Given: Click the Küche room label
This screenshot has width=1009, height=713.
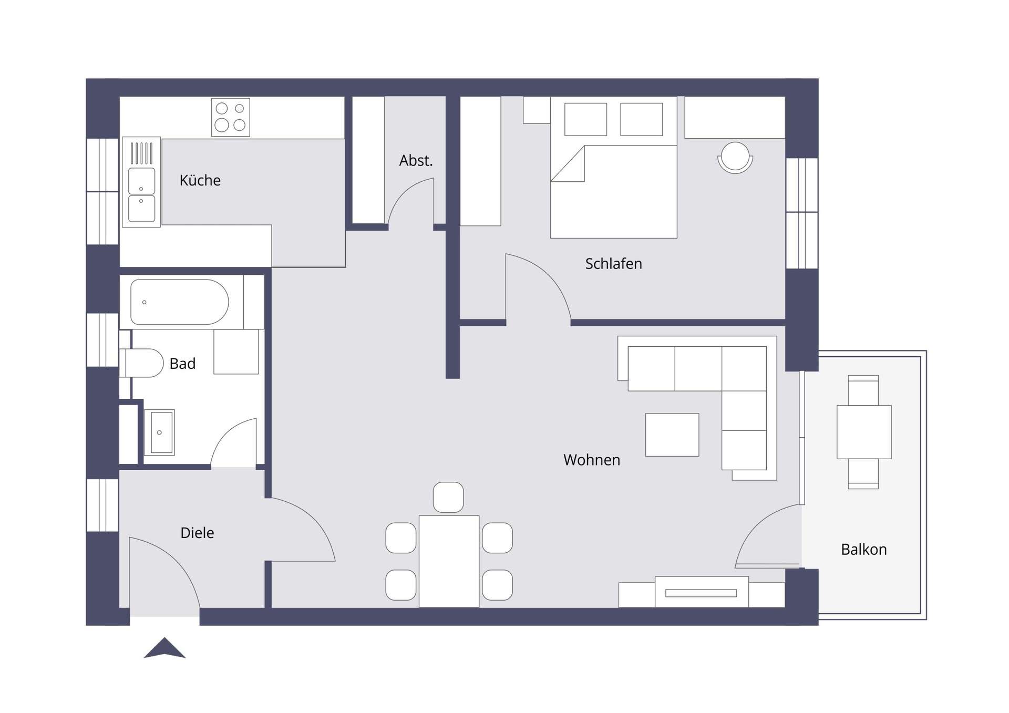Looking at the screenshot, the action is click(200, 180).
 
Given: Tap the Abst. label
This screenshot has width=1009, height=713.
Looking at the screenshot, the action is click(416, 160).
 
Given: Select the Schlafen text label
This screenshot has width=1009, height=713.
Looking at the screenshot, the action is click(613, 263).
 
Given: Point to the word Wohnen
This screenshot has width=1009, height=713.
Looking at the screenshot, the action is click(592, 460).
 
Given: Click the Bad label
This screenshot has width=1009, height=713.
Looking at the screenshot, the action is click(182, 364).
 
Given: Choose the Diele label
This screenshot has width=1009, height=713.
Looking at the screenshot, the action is click(197, 533).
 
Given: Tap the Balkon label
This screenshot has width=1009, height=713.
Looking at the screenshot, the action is click(863, 549).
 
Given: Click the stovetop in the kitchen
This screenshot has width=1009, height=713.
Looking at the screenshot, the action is click(231, 117).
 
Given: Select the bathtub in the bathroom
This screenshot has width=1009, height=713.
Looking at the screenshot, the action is click(180, 302).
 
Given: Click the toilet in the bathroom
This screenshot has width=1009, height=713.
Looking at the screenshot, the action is click(142, 363).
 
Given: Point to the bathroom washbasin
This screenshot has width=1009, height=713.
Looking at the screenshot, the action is click(159, 432).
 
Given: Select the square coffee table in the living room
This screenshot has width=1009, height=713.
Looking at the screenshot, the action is click(672, 435).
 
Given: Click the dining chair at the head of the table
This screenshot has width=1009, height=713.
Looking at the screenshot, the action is click(448, 497).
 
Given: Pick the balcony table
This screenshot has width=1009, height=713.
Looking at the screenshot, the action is click(864, 432).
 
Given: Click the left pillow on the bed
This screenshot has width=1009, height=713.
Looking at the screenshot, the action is click(585, 119).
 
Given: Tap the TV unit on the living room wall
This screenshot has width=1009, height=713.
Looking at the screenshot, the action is click(702, 592).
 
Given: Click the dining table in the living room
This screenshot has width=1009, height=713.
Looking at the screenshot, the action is click(449, 561).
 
